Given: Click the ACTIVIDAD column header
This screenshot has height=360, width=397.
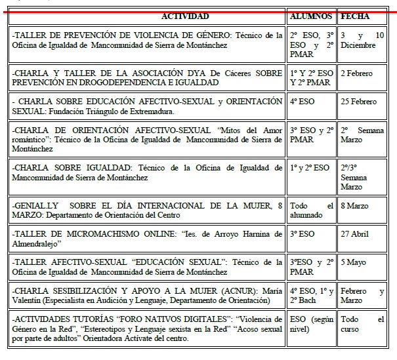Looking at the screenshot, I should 185,16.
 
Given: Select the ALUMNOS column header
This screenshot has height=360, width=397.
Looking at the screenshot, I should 312,16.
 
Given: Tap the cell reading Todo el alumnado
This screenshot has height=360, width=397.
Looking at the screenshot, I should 307,211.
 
